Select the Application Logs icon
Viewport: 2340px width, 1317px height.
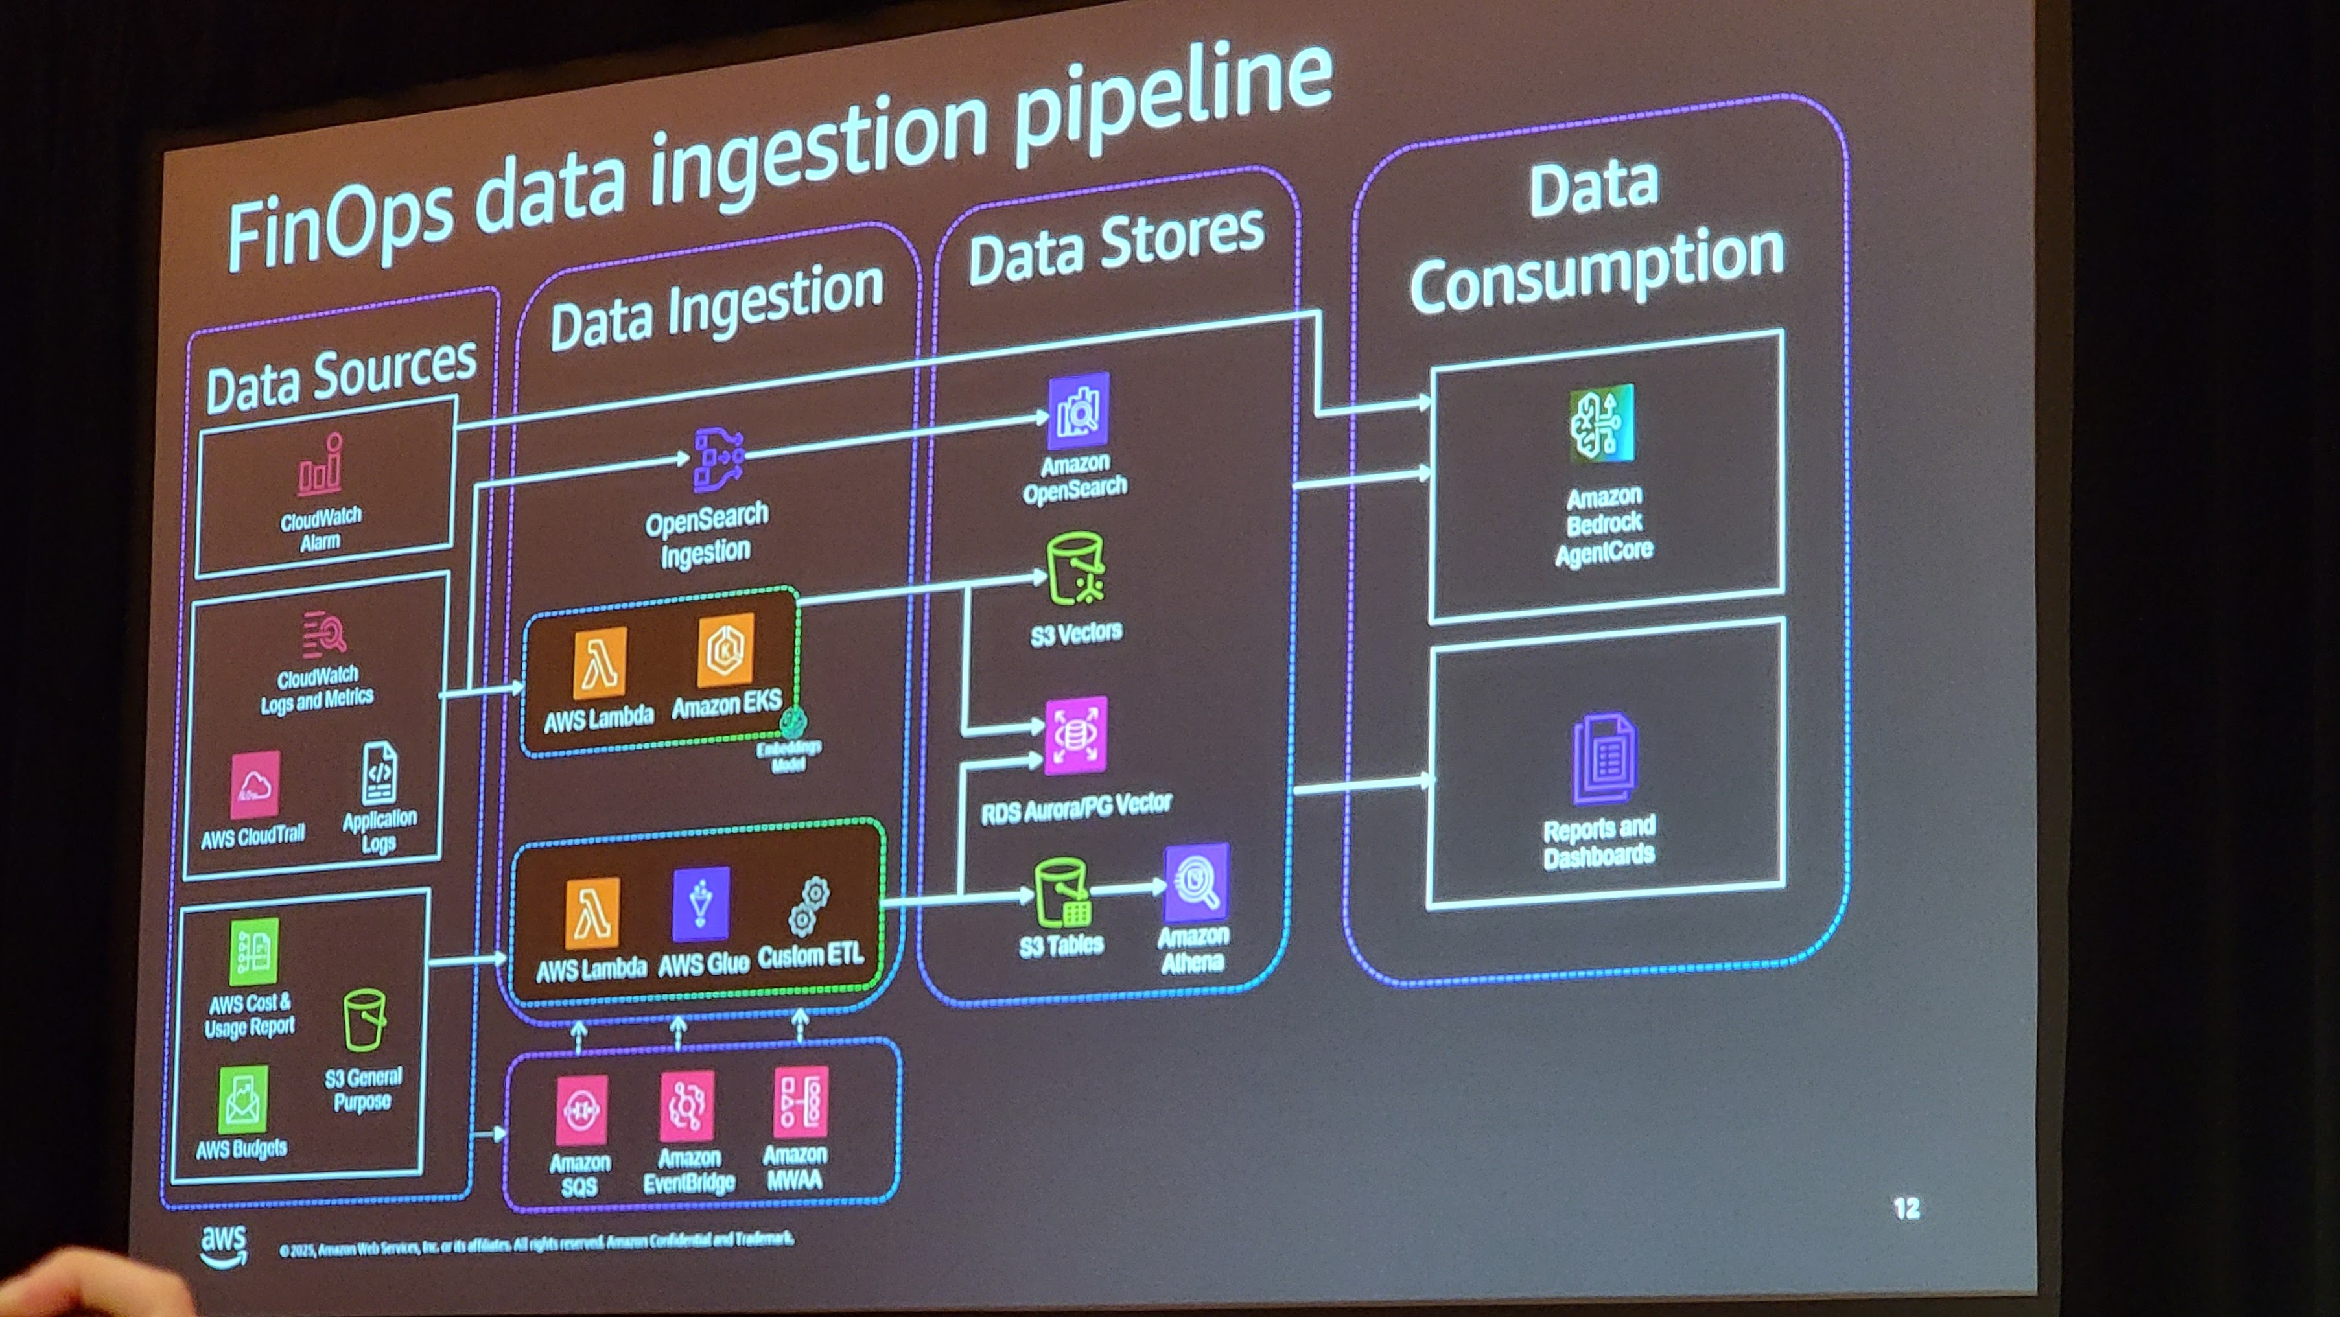(x=379, y=773)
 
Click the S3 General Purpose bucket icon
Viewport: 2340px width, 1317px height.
(x=364, y=1019)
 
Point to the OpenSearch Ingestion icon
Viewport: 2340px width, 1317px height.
(x=718, y=459)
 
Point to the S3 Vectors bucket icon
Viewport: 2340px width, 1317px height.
(x=1075, y=570)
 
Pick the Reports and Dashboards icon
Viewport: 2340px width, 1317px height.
(x=1603, y=758)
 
